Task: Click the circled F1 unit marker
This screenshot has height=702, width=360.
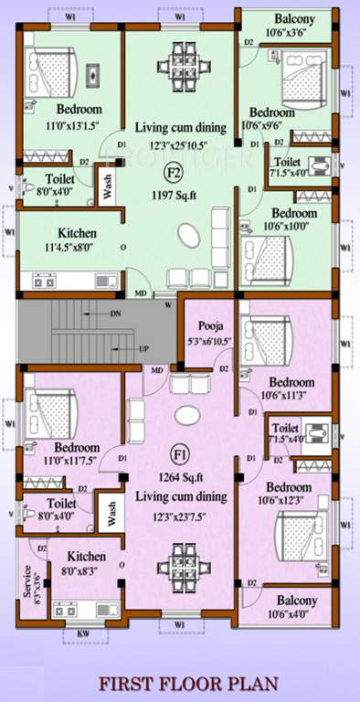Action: coord(177,453)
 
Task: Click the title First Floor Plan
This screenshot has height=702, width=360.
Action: coord(180,682)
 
